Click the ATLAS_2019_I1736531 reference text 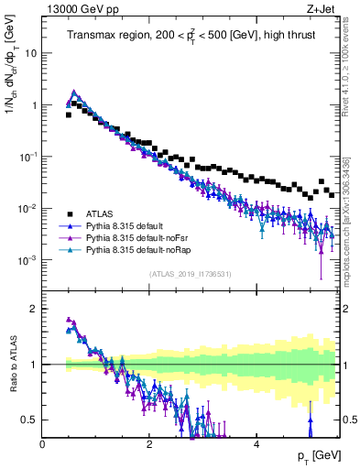click(190, 274)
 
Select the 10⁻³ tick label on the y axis click(27, 259)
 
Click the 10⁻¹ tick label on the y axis click(27, 156)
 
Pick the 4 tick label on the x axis click(256, 444)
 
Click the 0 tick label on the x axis click(43, 444)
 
